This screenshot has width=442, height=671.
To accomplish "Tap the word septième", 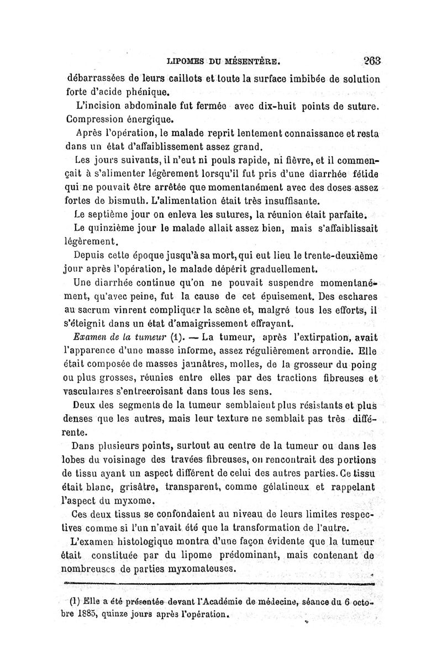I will point(113,214).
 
